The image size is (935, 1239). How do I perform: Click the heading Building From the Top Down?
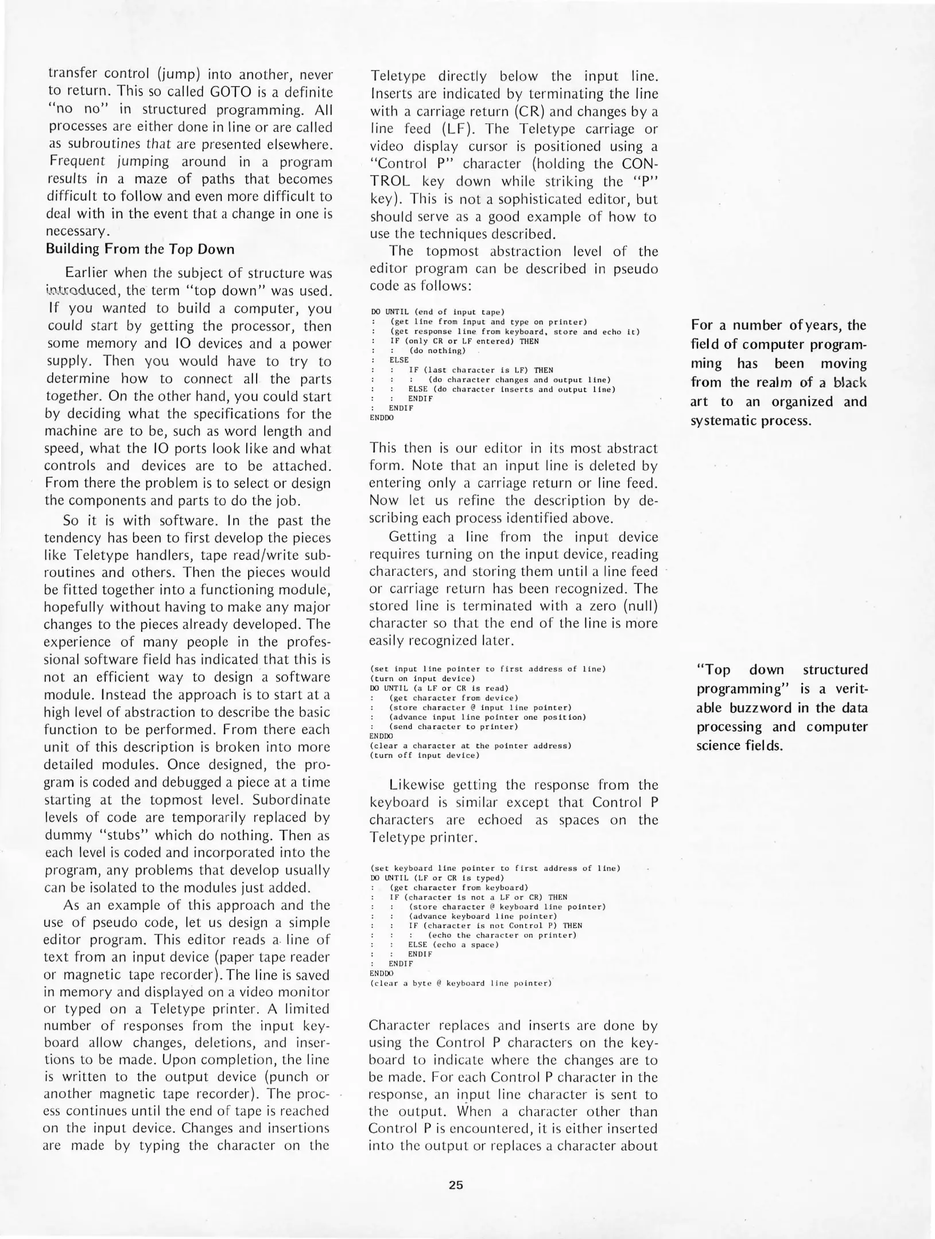(x=140, y=249)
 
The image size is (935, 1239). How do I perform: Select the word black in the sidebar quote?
(x=850, y=383)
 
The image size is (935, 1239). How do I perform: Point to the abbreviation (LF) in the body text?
(x=453, y=129)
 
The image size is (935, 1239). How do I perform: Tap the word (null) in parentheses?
(x=638, y=606)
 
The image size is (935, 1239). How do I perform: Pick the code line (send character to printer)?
(x=453, y=727)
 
